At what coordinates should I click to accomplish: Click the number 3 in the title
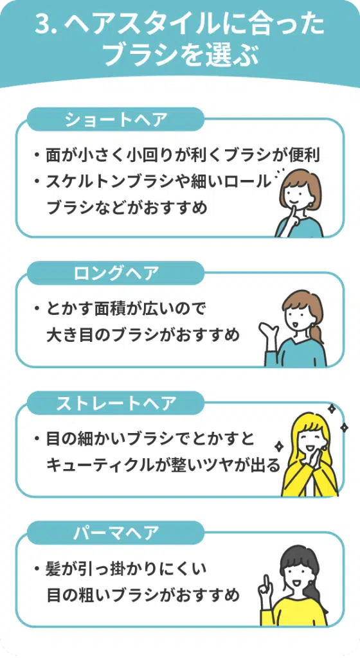[x=43, y=26]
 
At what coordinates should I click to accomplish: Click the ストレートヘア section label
[x=116, y=404]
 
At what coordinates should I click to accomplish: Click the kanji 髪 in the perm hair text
[x=54, y=569]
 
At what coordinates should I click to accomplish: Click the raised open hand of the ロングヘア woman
[x=267, y=332]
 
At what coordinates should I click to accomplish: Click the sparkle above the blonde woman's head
[x=332, y=408]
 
